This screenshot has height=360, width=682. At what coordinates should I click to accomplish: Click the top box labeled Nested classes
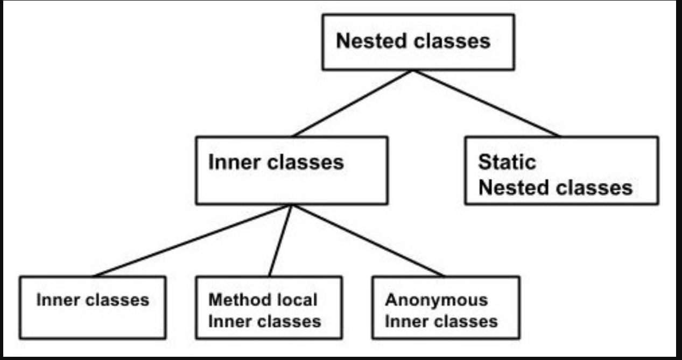click(x=418, y=42)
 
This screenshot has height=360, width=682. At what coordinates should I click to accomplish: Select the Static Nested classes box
click(x=562, y=171)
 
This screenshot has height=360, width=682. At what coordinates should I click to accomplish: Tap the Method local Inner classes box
click(x=269, y=307)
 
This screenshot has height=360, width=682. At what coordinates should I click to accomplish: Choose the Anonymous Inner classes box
click(x=446, y=307)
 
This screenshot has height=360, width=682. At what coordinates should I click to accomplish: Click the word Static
click(x=507, y=162)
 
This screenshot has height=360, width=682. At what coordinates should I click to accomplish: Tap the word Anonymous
click(x=437, y=300)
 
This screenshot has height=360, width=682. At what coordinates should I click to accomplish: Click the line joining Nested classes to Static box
click(x=486, y=103)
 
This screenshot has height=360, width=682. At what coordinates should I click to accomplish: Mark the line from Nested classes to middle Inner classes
click(x=352, y=103)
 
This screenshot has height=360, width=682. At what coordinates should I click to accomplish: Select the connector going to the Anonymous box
click(x=368, y=241)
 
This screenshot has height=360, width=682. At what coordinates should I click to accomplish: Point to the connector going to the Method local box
click(x=280, y=241)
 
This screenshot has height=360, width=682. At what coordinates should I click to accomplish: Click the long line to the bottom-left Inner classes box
click(x=192, y=241)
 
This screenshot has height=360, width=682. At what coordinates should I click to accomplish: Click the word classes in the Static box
click(x=594, y=187)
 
